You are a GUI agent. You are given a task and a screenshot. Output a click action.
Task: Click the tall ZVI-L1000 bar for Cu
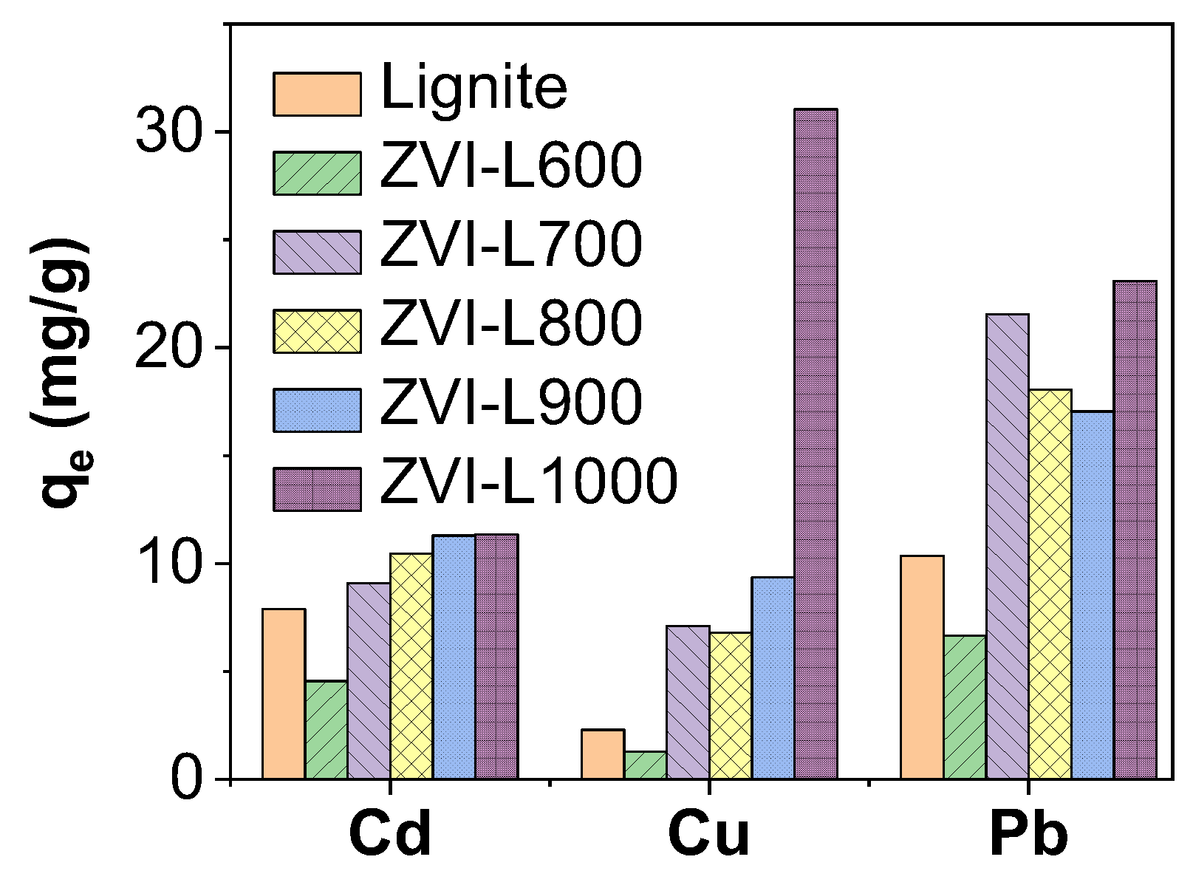pyautogui.click(x=816, y=443)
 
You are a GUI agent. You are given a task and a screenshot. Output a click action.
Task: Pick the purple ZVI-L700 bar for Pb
pyautogui.click(x=1008, y=547)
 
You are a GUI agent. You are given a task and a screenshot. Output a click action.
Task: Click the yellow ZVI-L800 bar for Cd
pyautogui.click(x=411, y=665)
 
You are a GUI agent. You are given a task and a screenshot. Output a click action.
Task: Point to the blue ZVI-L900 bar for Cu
pyautogui.click(x=773, y=677)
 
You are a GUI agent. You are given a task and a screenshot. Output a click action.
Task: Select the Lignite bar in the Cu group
pyautogui.click(x=603, y=754)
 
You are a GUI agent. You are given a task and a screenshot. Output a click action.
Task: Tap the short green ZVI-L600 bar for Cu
pyautogui.click(x=645, y=765)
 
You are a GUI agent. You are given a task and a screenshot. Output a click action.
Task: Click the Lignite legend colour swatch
pyautogui.click(x=317, y=95)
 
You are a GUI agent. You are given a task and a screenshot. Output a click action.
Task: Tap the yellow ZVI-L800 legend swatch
pyautogui.click(x=317, y=332)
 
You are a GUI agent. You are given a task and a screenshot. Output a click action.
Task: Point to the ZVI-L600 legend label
pyautogui.click(x=511, y=165)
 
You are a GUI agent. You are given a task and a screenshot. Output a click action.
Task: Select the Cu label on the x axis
pyautogui.click(x=708, y=835)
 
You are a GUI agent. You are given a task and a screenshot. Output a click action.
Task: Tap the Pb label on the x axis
pyautogui.click(x=1029, y=835)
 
